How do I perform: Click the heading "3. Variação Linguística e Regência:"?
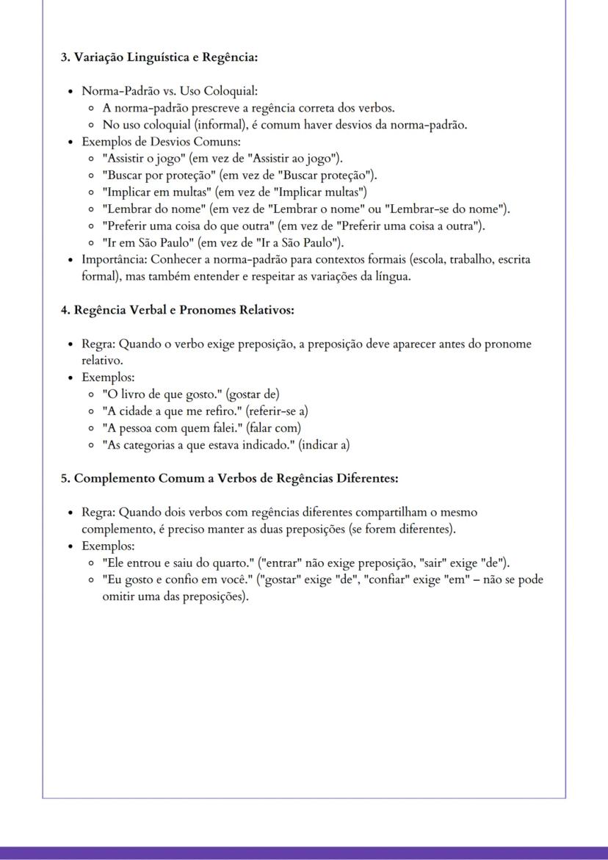click(159, 57)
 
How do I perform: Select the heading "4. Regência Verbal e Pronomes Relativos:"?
click(177, 310)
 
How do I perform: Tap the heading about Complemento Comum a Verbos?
click(229, 478)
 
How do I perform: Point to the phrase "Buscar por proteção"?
click(156, 175)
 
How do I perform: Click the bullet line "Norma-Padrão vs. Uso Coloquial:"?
click(170, 91)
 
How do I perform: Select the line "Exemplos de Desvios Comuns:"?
click(161, 141)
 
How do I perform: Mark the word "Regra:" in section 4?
click(98, 344)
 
